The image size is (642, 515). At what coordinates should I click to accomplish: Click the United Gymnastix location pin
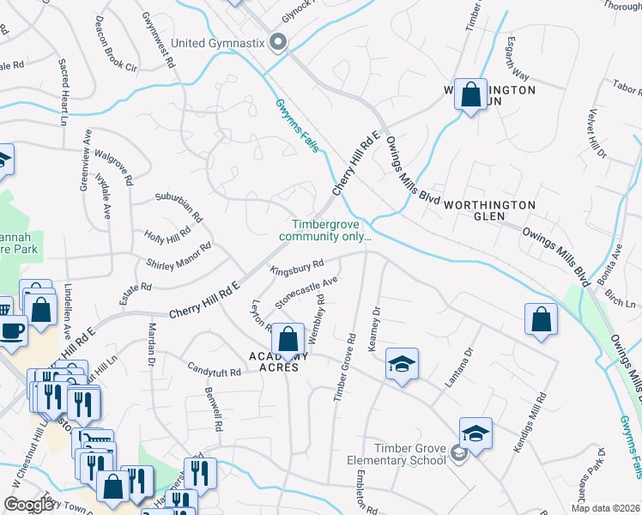(x=277, y=41)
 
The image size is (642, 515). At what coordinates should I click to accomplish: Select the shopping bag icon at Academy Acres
(x=288, y=340)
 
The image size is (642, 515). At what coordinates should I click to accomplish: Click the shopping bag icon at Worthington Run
(x=471, y=95)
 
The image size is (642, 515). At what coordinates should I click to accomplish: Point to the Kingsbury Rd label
(x=297, y=269)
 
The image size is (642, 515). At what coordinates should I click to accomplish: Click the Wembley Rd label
(x=315, y=318)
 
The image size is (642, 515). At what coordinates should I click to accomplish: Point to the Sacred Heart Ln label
(x=63, y=86)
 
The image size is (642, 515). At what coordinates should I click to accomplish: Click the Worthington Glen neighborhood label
(x=489, y=205)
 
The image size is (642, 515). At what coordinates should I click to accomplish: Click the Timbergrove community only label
(x=325, y=230)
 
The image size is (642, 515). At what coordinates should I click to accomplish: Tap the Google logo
(x=28, y=505)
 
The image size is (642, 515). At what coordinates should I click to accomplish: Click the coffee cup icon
(x=11, y=330)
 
